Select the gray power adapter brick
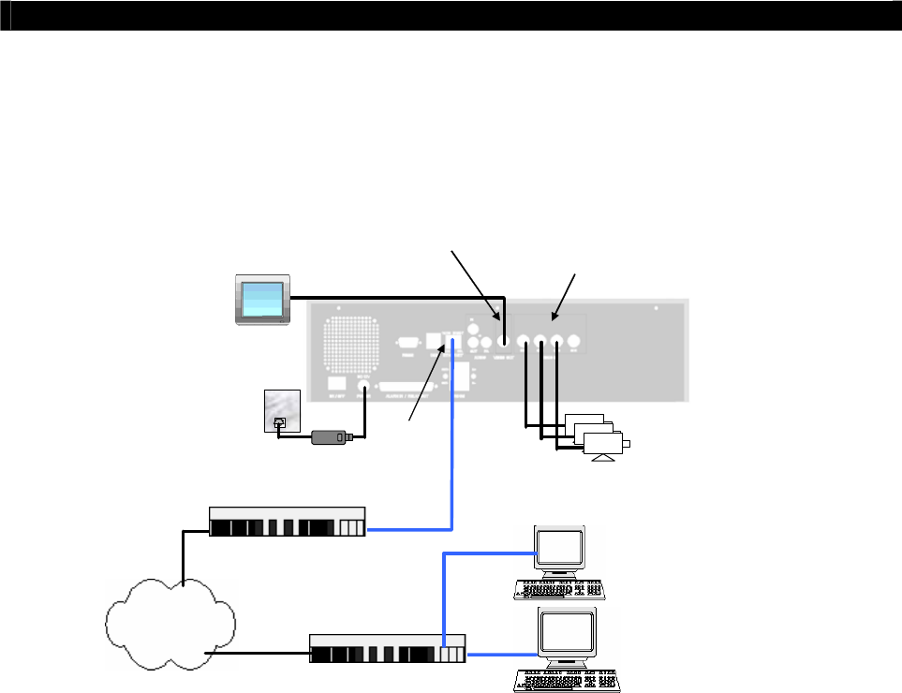[x=331, y=436]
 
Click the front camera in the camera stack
[x=605, y=444]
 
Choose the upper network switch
[x=287, y=522]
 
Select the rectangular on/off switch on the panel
[x=336, y=384]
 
